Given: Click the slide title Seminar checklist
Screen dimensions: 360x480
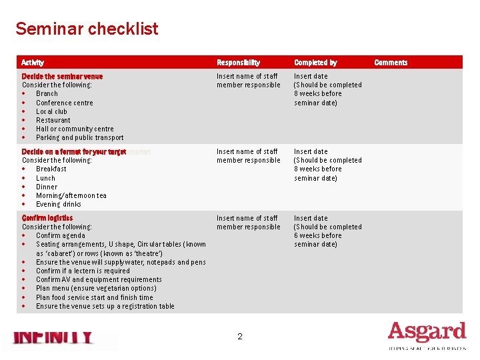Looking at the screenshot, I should pyautogui.click(x=87, y=29).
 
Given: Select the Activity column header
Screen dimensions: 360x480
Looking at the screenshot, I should pyautogui.click(x=33, y=63).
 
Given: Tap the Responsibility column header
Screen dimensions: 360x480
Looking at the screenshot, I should pyautogui.click(x=238, y=63).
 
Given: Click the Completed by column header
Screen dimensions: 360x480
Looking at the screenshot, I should pyautogui.click(x=315, y=63).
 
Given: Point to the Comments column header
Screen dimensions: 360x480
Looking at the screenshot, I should pyautogui.click(x=391, y=63).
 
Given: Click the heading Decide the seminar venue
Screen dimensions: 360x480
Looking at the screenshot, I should pyautogui.click(x=62, y=76).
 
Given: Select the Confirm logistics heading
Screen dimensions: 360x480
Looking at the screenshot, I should pyautogui.click(x=47, y=218).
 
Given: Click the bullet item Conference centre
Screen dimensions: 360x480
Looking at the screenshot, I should pyautogui.click(x=64, y=103).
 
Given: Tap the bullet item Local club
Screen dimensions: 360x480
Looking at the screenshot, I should pyautogui.click(x=51, y=111).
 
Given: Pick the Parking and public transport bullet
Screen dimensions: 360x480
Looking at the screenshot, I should pyautogui.click(x=79, y=137).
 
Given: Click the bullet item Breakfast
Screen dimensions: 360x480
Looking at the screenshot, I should pyautogui.click(x=51, y=169).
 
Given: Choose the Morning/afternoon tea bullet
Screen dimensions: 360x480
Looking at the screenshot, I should pyautogui.click(x=71, y=195).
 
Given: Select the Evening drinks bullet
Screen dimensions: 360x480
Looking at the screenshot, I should pyautogui.click(x=58, y=204).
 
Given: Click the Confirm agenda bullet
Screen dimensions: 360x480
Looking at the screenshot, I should pyautogui.click(x=60, y=235).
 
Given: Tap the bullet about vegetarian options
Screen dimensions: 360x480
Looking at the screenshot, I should pyautogui.click(x=95, y=289).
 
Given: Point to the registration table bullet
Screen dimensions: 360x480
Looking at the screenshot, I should pyautogui.click(x=105, y=306).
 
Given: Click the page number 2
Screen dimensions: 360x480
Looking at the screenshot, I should pyautogui.click(x=240, y=337).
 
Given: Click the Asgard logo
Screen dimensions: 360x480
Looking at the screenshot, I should pyautogui.click(x=427, y=333).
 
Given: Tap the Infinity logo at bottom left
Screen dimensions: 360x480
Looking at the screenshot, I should pyautogui.click(x=53, y=338).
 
